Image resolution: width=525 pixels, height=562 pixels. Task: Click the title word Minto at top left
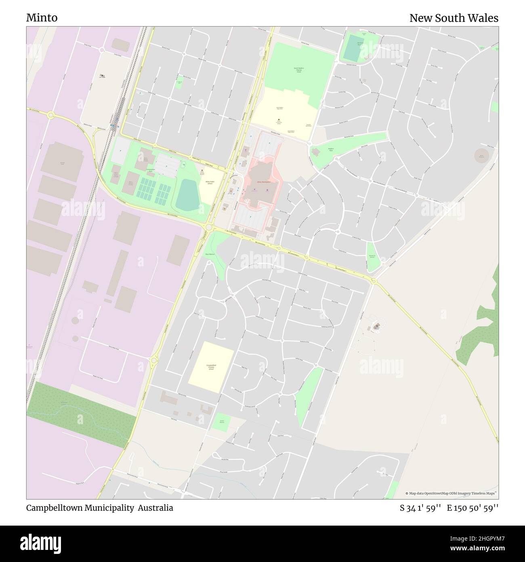[x=42, y=18]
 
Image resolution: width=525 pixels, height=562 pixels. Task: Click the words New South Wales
[x=454, y=18]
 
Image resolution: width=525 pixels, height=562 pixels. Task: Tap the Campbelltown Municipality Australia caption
[x=99, y=508]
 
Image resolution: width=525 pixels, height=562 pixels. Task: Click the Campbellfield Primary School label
[x=210, y=368]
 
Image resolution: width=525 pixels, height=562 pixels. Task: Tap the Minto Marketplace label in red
[x=263, y=182]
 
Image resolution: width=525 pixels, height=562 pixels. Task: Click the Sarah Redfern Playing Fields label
[x=298, y=70]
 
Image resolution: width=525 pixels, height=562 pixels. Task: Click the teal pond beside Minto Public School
[x=187, y=195]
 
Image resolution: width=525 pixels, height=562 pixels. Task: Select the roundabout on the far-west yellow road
[x=51, y=115]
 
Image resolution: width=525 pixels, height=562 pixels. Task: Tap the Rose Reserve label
[x=210, y=254]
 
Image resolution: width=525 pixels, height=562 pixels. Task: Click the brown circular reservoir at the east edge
[x=481, y=155]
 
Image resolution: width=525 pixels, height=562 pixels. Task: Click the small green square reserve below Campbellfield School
[x=222, y=422]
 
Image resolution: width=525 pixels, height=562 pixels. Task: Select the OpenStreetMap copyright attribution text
[x=451, y=493]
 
